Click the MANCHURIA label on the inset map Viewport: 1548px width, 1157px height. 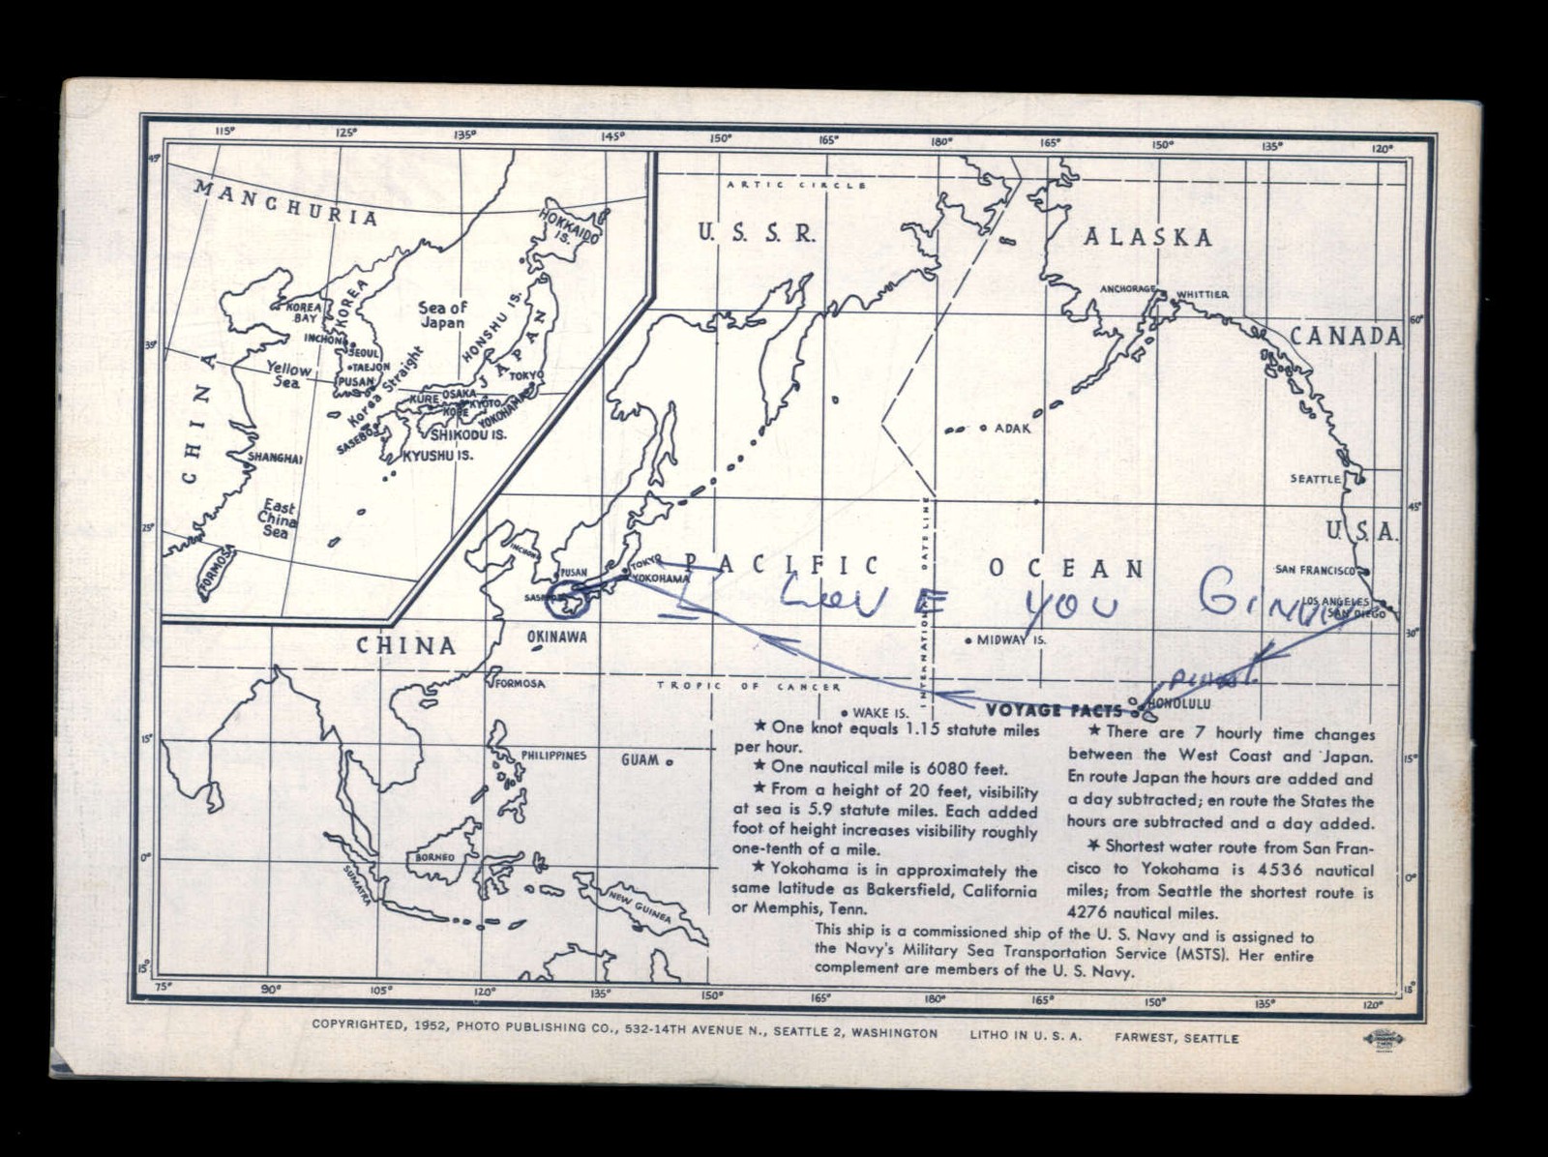285,202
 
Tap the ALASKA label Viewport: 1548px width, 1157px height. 1147,237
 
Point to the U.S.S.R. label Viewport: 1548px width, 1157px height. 757,232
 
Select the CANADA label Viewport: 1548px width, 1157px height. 1345,336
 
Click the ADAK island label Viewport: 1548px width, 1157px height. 1013,428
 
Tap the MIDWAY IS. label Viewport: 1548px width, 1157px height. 1012,640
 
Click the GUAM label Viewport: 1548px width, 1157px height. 640,759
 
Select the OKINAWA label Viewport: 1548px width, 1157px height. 557,638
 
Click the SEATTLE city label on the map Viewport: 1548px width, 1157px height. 1316,479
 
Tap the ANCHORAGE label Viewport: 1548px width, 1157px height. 1128,289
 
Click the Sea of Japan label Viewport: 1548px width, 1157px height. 442,314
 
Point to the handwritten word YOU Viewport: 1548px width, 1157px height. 1071,606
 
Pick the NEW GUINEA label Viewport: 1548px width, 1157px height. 640,906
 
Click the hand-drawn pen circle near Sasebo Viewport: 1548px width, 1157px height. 567,598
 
